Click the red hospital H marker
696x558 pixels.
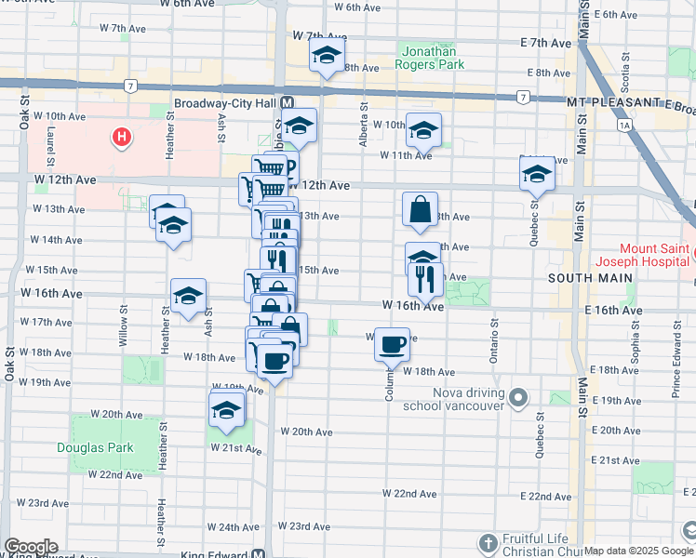click(121, 139)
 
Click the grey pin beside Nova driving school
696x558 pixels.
click(519, 399)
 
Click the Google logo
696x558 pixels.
click(31, 547)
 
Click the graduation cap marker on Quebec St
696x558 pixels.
click(537, 173)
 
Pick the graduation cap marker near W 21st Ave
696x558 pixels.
click(226, 409)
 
